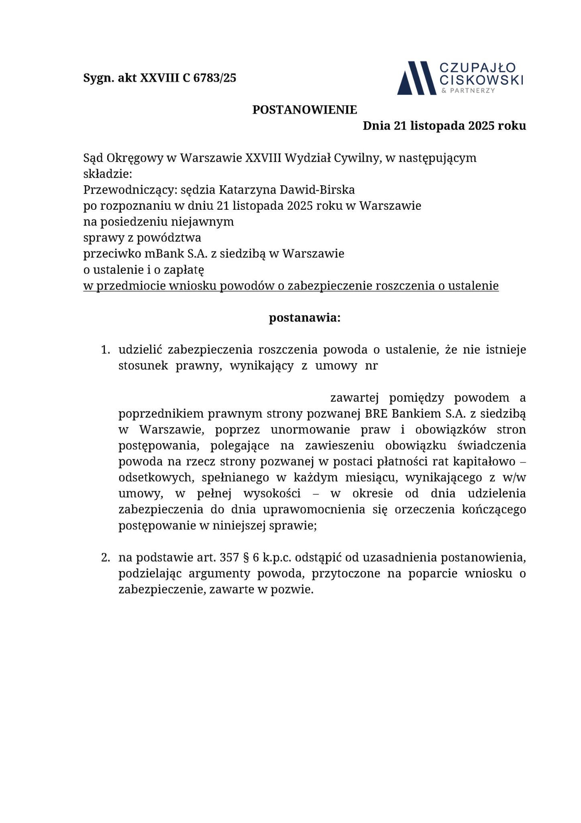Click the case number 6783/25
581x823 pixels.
click(215, 78)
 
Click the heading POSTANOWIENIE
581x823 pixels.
click(304, 110)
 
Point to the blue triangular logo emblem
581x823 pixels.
click(416, 78)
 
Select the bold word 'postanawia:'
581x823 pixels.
click(304, 318)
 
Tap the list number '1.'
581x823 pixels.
click(105, 350)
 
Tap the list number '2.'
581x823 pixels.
click(105, 558)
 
